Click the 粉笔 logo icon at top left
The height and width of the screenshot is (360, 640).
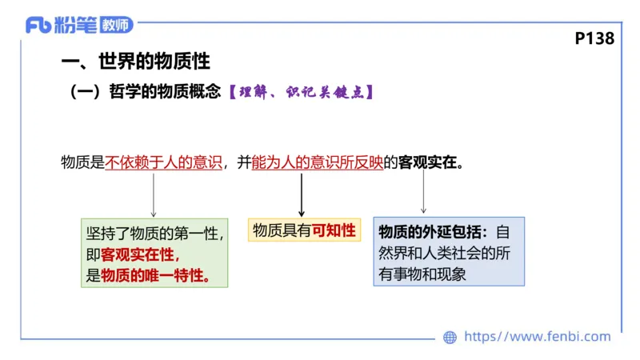39,25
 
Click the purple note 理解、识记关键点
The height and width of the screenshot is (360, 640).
301,92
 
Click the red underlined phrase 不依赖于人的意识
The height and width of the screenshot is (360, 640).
163,162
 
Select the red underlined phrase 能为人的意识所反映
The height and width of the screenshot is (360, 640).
317,162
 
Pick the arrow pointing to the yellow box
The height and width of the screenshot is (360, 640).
302,194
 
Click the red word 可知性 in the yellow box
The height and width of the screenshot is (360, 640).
334,231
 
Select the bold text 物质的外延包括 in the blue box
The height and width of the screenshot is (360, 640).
433,232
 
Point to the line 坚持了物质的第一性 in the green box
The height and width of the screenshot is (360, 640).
154,234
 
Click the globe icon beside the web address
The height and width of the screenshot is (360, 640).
450,337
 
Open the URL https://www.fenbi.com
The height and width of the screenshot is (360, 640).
537,337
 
